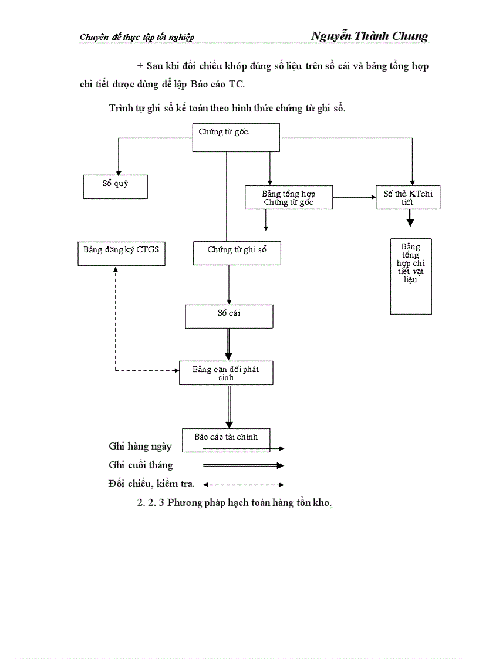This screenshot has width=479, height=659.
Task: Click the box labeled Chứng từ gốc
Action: click(x=235, y=138)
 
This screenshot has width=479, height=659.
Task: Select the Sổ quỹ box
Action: click(x=115, y=186)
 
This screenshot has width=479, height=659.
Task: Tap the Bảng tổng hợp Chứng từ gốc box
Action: click(x=288, y=198)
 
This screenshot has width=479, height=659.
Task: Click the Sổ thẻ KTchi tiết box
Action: click(x=408, y=198)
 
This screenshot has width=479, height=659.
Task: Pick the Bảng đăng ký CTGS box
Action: click(x=121, y=253)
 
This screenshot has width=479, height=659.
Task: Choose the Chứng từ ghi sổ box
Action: click(x=237, y=253)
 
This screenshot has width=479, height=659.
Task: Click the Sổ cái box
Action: click(x=229, y=316)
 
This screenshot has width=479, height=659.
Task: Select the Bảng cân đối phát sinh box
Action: click(x=226, y=373)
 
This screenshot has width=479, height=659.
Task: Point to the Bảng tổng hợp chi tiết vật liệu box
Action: click(x=411, y=276)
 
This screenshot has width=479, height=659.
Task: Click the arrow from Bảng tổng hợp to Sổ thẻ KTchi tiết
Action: click(x=354, y=198)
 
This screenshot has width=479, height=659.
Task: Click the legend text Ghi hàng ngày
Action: click(x=140, y=447)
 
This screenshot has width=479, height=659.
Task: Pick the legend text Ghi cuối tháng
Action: click(x=141, y=465)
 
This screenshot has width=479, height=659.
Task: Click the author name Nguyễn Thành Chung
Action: click(x=370, y=36)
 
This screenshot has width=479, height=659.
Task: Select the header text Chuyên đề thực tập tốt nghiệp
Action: click(x=137, y=38)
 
